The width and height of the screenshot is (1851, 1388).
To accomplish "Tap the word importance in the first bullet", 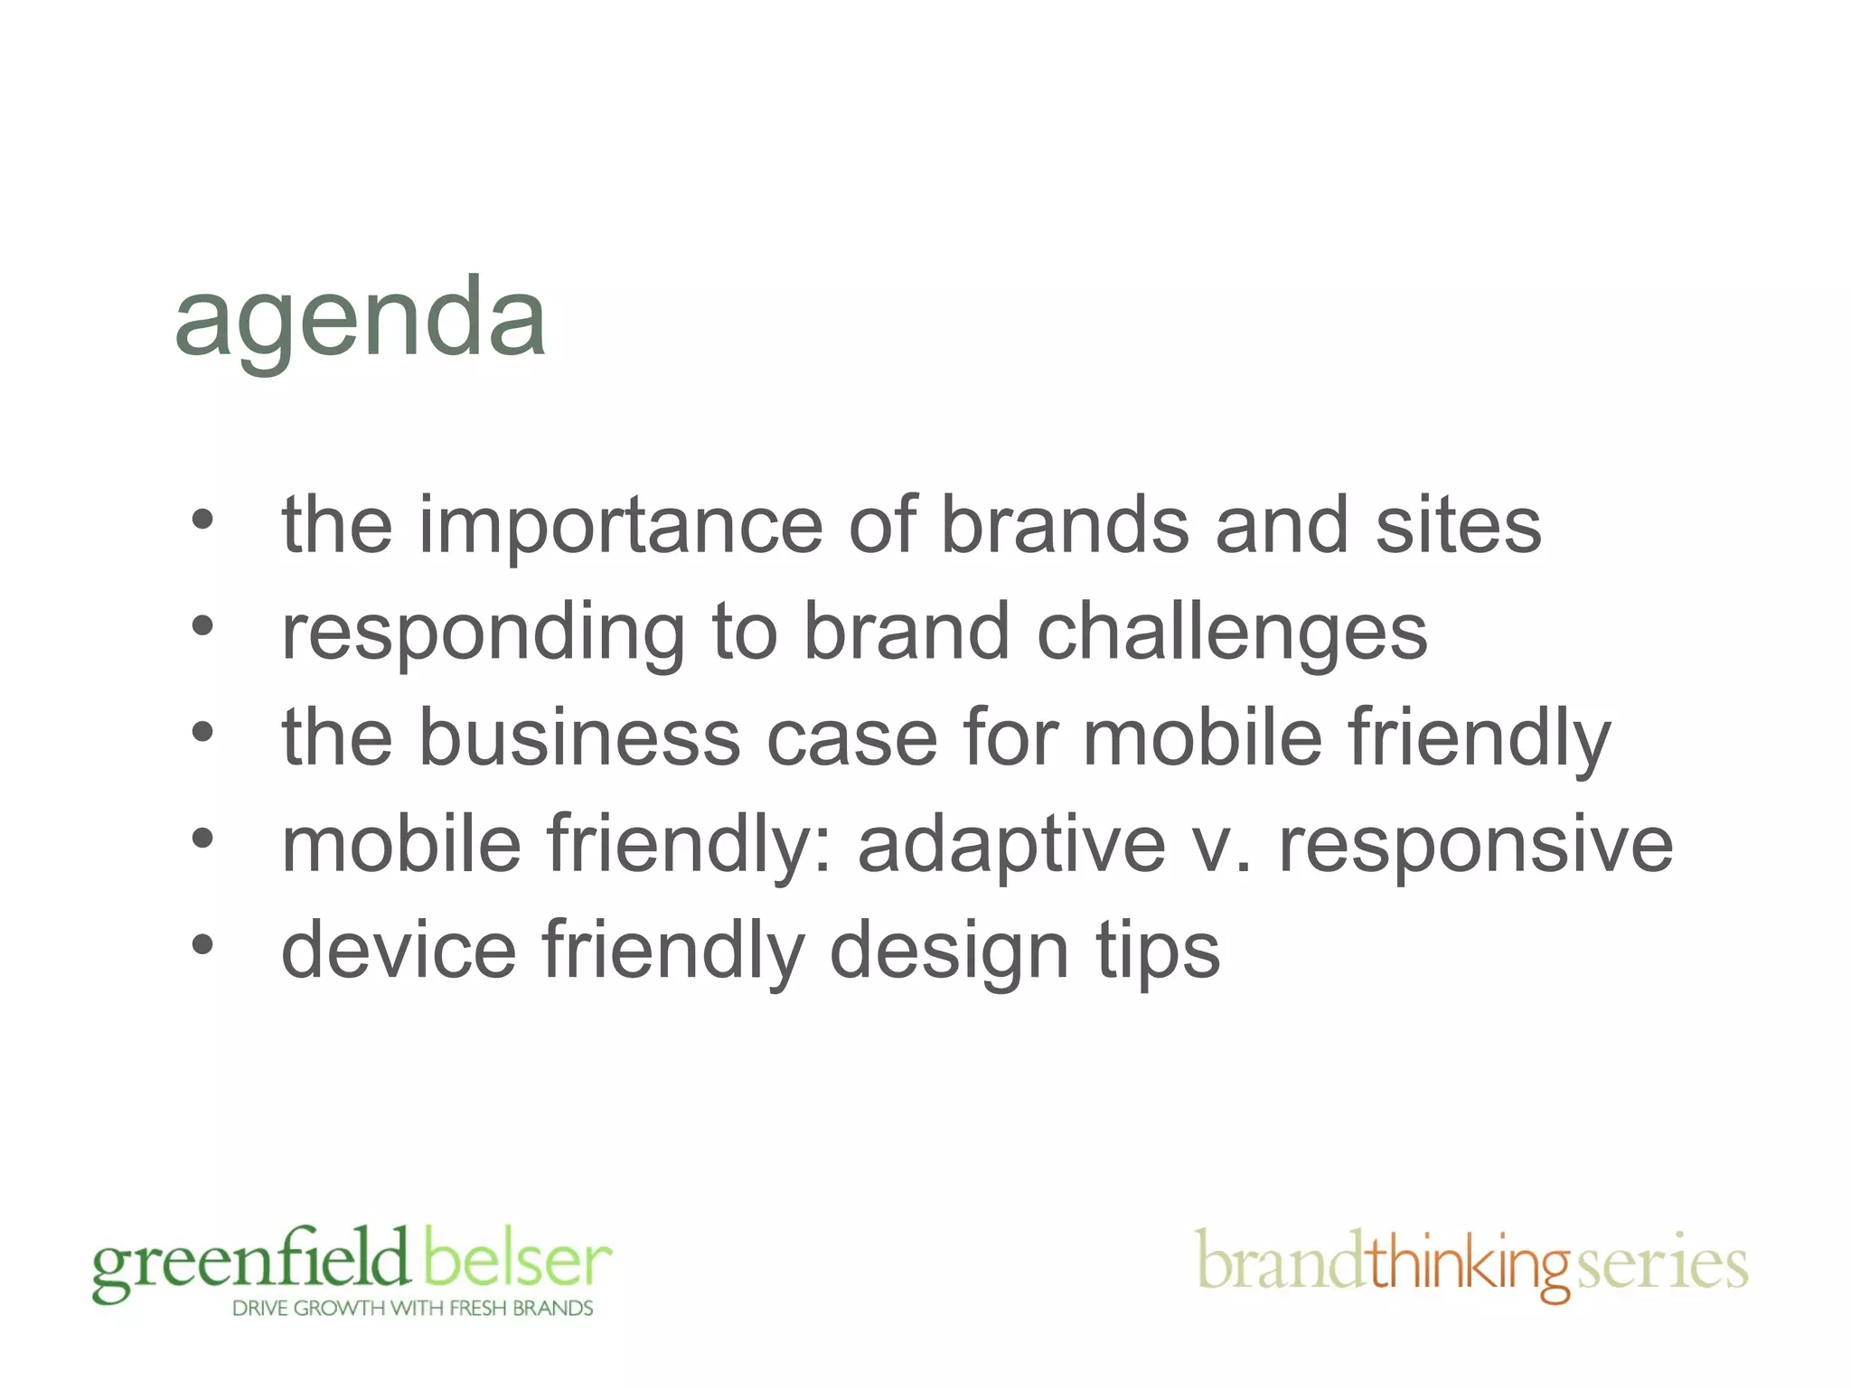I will pyautogui.click(x=620, y=526).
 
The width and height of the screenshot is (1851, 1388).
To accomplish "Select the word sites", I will pyautogui.click(x=1458, y=526).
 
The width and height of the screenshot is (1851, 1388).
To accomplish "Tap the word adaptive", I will pyautogui.click(x=1011, y=846).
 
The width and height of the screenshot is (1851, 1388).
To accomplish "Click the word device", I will pyautogui.click(x=399, y=951).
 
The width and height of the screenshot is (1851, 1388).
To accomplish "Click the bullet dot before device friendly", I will pyautogui.click(x=202, y=945).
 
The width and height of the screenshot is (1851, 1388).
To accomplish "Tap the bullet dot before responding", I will pyautogui.click(x=202, y=625).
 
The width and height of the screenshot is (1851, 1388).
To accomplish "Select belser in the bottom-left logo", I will pyautogui.click(x=517, y=1260).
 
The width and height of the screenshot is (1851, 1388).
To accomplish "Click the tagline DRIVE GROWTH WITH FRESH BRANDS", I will pyautogui.click(x=412, y=1308).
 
